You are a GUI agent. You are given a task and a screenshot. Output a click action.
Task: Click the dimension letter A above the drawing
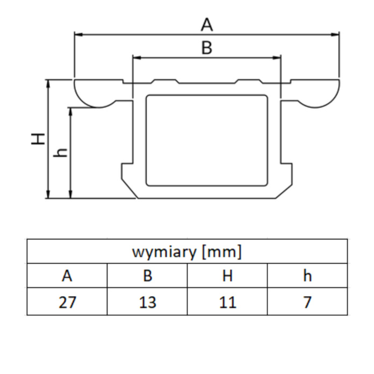(x=207, y=24)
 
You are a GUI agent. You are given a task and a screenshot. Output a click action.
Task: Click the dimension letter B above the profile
(x=207, y=48)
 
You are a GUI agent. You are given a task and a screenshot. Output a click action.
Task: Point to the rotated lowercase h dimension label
(x=61, y=153)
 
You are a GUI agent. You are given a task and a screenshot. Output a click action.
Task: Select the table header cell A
(x=67, y=276)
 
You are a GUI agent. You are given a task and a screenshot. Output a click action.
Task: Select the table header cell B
(x=147, y=276)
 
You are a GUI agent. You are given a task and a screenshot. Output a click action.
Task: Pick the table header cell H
(x=227, y=276)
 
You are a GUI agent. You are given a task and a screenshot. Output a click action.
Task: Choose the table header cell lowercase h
(x=307, y=276)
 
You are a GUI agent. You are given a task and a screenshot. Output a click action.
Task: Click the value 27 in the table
(x=67, y=302)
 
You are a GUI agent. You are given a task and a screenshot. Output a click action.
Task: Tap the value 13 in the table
(x=147, y=302)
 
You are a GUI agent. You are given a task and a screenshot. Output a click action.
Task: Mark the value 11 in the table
(x=227, y=302)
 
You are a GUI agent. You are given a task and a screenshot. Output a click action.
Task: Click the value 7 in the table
(x=307, y=302)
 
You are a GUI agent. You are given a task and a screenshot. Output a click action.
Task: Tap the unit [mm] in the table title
(x=221, y=251)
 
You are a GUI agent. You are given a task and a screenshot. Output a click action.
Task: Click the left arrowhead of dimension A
(x=77, y=34)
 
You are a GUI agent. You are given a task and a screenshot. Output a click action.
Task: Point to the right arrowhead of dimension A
(x=336, y=34)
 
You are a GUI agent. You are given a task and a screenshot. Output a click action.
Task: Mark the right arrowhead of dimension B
(x=278, y=57)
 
